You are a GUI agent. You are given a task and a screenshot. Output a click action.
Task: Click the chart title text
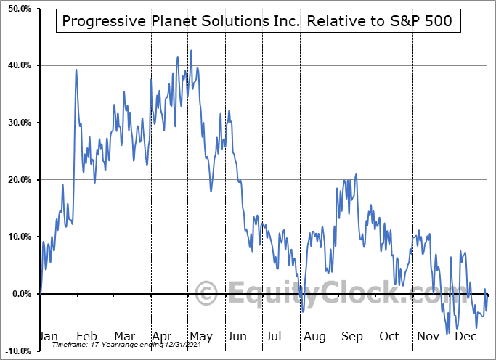[256, 20]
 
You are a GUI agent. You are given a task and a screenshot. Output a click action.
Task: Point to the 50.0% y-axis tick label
[18, 9]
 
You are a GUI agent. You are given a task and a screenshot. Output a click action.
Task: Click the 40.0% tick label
[18, 66]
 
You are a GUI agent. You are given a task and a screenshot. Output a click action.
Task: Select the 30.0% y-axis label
[18, 123]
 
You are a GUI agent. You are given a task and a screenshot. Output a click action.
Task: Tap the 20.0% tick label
[18, 180]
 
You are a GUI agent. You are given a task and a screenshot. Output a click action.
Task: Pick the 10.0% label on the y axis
[18, 237]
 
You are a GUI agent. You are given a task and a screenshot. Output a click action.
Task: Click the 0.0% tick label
[20, 294]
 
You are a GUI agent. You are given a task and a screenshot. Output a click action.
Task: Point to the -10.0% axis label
[17, 351]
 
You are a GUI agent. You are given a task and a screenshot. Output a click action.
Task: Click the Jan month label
[47, 337]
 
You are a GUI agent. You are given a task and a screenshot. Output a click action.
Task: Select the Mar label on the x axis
[124, 337]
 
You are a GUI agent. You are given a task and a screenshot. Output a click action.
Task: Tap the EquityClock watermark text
[327, 294]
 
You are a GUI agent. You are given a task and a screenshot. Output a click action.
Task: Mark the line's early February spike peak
[77, 70]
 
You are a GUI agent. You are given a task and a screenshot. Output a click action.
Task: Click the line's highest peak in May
[191, 51]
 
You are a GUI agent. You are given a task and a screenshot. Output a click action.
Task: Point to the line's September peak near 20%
[357, 174]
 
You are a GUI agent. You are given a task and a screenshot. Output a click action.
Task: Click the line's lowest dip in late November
[448, 334]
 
